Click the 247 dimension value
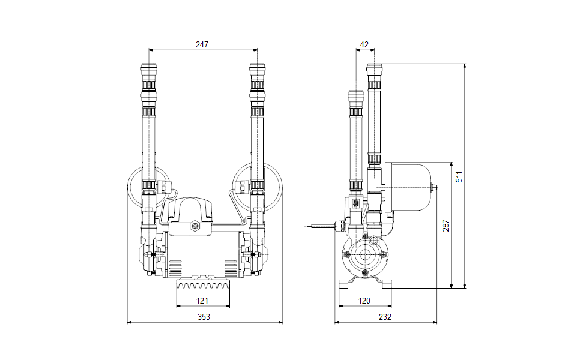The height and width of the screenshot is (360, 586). coord(202,44)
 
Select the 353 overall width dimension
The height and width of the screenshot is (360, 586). coord(204,317)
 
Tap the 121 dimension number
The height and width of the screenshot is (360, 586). coord(202,301)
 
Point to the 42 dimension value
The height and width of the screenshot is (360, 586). coord(364,44)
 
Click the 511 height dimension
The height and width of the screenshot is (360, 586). coord(459,176)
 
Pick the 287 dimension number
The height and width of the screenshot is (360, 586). coord(446,226)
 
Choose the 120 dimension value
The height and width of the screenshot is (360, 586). coord(364,301)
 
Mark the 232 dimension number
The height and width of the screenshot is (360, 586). coord(385,317)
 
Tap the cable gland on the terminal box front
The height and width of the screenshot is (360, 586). coord(195,226)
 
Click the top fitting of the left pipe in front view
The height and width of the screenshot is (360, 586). coord(149,69)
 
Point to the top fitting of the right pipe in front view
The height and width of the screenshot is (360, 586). coord(258,69)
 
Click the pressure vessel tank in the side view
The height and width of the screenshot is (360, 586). coord(407,187)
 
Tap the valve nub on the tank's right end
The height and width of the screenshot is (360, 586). coord(433,187)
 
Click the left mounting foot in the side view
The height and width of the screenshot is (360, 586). coord(344,284)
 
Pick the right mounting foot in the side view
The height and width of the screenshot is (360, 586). coord(387,284)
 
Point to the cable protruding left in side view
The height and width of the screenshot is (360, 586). coord(319,226)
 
